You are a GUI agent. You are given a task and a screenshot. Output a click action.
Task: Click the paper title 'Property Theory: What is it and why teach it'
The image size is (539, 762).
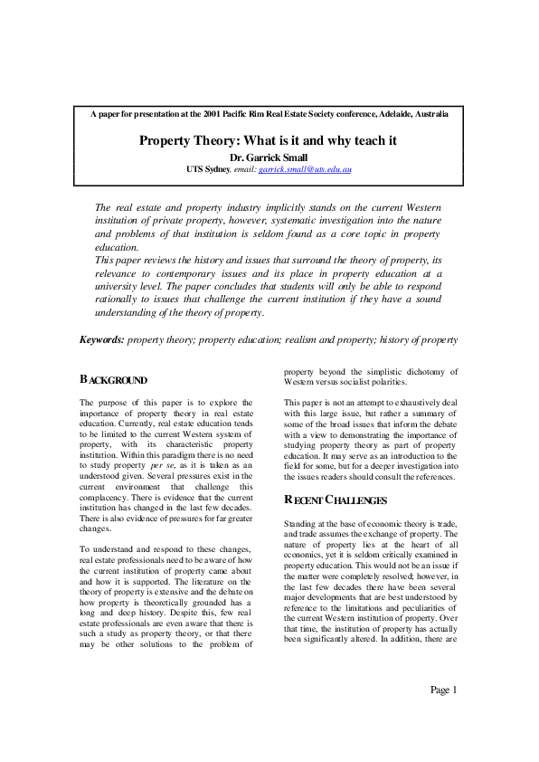(x=269, y=141)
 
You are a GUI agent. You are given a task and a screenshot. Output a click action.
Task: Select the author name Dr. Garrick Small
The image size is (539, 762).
(x=269, y=157)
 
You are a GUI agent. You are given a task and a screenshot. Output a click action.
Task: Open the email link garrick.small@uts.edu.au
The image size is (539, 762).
(x=305, y=169)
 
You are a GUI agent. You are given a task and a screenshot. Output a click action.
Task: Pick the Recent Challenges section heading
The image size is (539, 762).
(x=336, y=500)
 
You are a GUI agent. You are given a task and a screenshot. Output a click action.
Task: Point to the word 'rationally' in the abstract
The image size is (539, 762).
(x=121, y=299)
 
